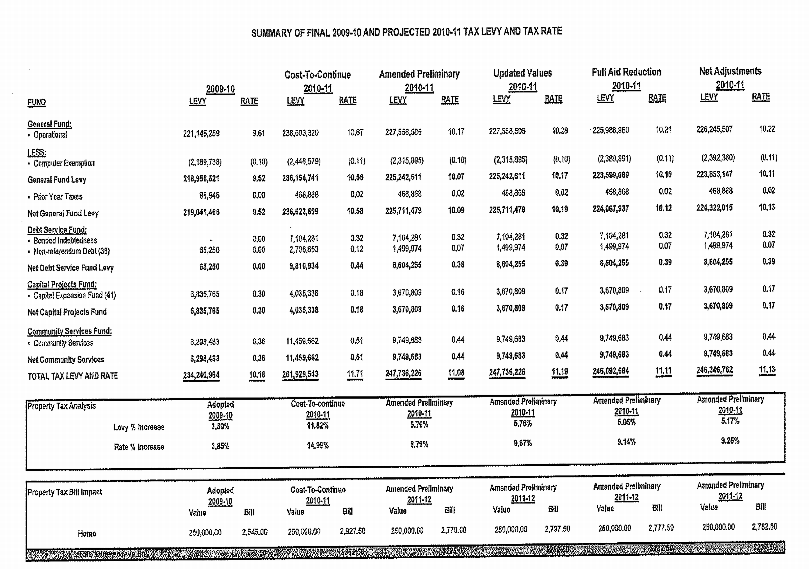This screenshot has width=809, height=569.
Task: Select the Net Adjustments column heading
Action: click(x=730, y=71)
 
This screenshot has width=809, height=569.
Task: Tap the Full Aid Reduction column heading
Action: click(x=626, y=72)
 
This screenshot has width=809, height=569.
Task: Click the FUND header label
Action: click(x=37, y=102)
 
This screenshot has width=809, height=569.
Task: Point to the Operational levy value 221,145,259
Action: click(x=201, y=134)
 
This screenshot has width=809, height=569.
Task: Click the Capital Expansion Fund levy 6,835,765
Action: click(x=205, y=294)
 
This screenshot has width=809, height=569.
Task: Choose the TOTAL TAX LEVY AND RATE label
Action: click(x=73, y=376)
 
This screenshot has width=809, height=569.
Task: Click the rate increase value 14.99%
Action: click(x=317, y=445)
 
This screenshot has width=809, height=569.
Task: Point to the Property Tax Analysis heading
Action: click(x=62, y=406)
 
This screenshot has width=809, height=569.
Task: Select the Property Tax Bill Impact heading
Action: click(x=65, y=492)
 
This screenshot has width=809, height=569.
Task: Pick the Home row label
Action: click(x=87, y=533)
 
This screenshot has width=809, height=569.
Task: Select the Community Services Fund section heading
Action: click(x=69, y=331)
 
